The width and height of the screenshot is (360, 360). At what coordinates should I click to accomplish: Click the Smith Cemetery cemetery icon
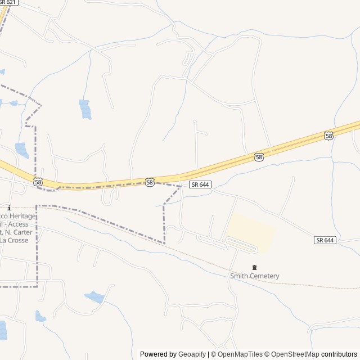coord(254,267)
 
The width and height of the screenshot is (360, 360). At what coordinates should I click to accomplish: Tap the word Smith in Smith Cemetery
coord(238,276)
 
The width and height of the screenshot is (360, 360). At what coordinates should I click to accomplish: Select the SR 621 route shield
coord(8,3)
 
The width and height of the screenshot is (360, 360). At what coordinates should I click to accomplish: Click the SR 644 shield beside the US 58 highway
coord(200,184)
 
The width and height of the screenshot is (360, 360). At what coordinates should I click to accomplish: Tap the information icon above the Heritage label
coord(9,208)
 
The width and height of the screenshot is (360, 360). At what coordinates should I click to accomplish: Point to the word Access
coord(24,224)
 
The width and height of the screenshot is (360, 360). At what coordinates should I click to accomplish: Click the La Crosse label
coord(13,240)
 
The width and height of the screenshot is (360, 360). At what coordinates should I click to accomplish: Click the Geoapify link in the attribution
coord(192,354)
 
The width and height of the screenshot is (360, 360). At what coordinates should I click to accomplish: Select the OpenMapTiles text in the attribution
coord(240,354)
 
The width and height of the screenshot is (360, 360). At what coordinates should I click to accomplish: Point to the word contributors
coord(340,354)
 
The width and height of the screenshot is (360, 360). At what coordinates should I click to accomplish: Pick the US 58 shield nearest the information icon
coord(38,182)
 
